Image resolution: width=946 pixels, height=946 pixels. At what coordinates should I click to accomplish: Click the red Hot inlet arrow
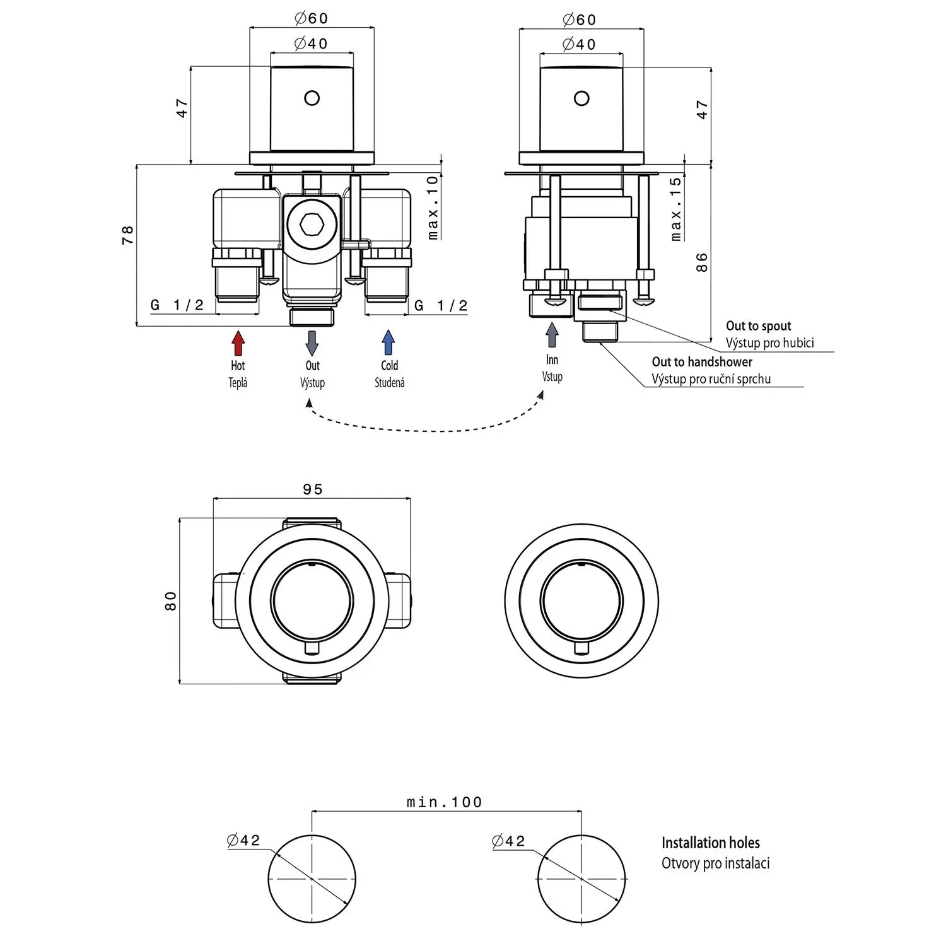238,343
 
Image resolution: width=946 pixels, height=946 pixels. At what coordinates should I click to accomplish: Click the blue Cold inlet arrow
388,343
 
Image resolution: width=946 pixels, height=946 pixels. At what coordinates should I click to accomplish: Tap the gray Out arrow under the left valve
312,343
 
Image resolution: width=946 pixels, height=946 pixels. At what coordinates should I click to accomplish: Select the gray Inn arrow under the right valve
552,335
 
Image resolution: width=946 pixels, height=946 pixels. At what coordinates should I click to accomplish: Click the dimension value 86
702,262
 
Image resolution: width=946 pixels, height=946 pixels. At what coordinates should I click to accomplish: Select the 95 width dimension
313,489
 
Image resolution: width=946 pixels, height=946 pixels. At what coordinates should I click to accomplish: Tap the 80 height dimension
171,600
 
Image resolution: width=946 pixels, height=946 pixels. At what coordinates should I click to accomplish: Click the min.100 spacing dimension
445,802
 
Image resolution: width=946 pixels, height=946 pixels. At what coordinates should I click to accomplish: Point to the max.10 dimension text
433,207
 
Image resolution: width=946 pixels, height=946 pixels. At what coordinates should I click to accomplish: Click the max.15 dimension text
676,209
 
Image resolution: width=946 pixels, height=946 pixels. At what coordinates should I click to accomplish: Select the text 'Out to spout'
758,326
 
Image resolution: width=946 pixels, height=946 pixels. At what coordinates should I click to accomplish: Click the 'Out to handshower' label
701,362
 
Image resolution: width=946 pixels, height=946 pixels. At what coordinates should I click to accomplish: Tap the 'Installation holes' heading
710,843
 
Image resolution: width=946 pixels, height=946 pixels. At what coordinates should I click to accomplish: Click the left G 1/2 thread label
177,305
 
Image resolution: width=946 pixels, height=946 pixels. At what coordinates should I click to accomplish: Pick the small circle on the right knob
581,98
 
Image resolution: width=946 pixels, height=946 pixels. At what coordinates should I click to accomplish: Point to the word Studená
389,383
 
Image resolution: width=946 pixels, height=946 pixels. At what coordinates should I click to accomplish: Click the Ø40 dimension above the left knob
312,44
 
